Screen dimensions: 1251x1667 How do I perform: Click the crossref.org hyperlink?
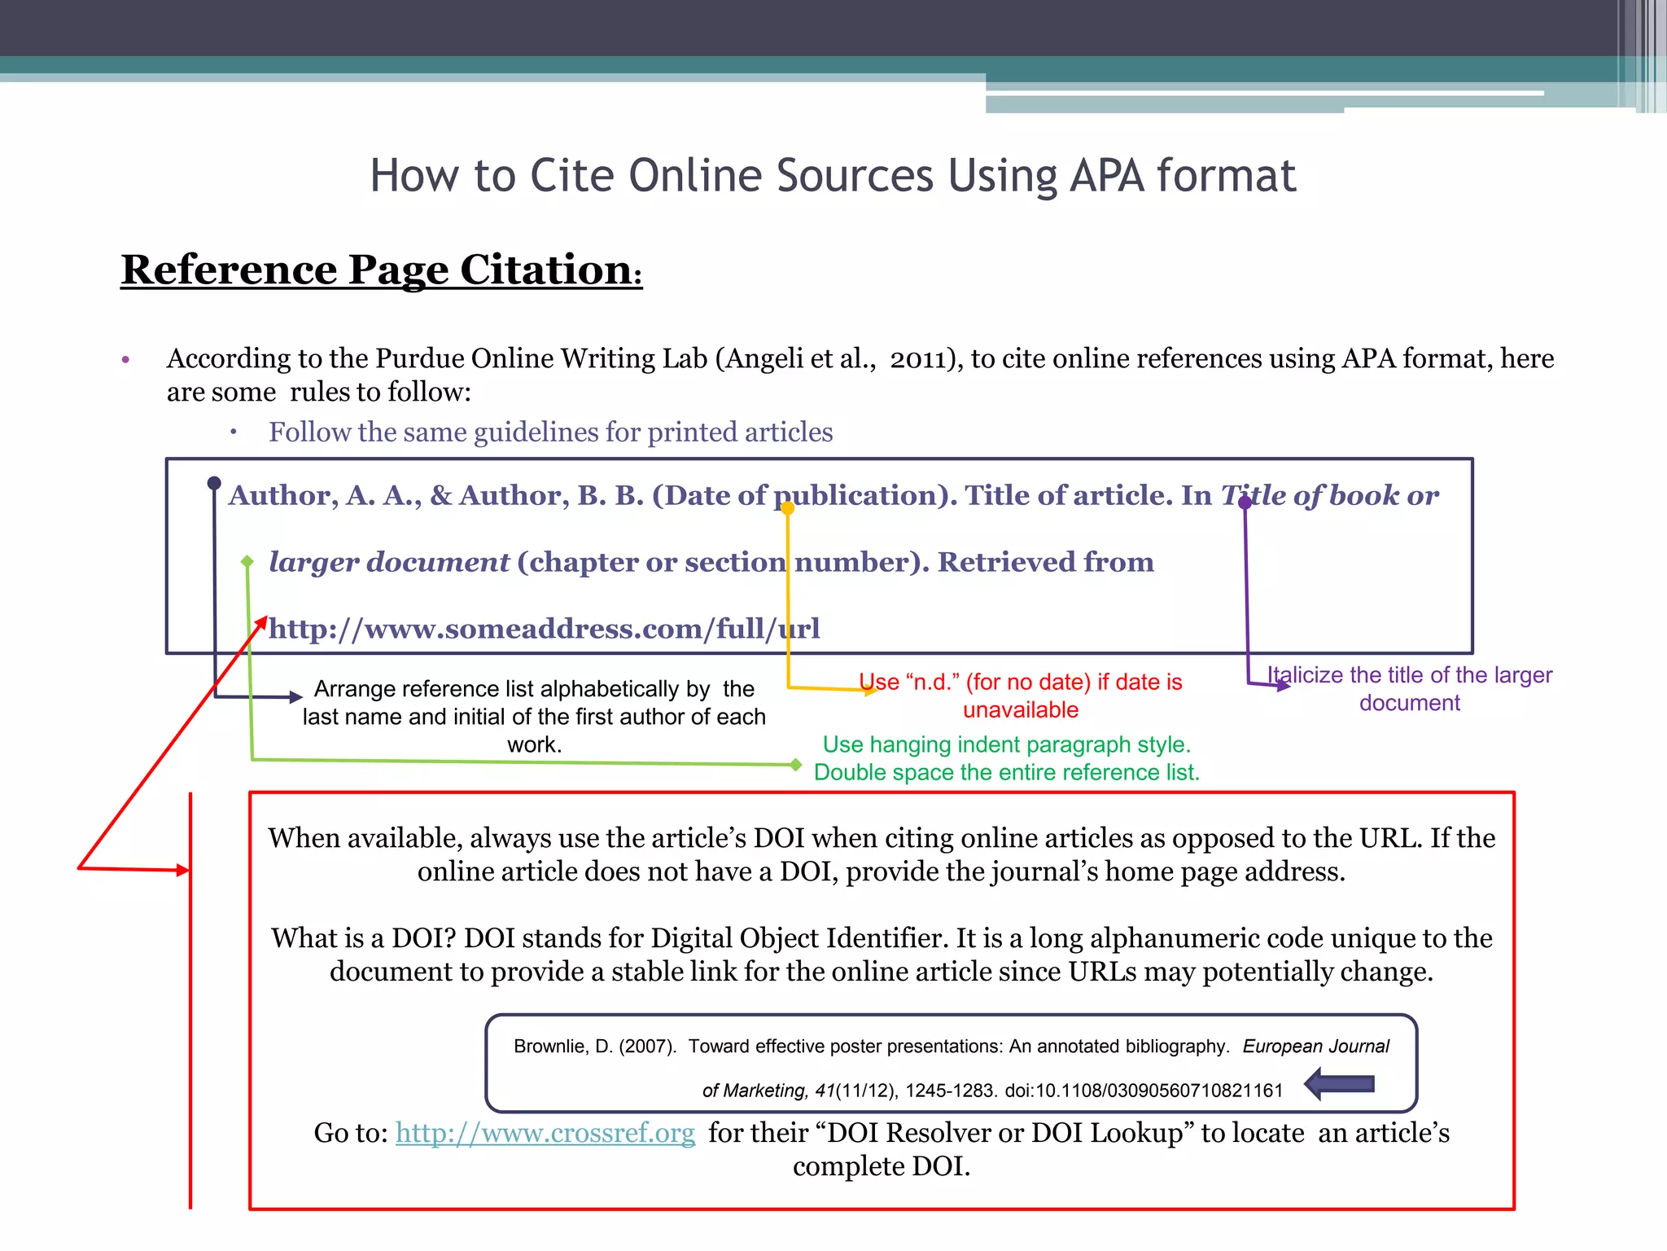coord(545,1133)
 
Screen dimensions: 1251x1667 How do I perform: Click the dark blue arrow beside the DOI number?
coord(1339,1084)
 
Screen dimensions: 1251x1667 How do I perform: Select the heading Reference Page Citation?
coord(381,270)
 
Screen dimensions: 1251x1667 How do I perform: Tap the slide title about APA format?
coord(833,175)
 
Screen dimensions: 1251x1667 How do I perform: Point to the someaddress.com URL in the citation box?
coord(544,629)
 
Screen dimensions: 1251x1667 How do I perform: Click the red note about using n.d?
coord(1021,696)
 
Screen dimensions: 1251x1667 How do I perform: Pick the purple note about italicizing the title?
coord(1410,689)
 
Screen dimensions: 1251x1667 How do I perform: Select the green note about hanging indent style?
coord(1007,758)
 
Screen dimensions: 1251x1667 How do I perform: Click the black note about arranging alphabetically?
coord(534,716)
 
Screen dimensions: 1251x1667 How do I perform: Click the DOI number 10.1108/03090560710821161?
coord(1144,1091)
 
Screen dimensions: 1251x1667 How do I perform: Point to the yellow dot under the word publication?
coord(787,508)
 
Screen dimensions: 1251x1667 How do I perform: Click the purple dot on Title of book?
coord(1245,503)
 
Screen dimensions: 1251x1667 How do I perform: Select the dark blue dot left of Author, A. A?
coord(214,483)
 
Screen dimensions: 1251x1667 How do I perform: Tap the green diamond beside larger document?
coord(247,561)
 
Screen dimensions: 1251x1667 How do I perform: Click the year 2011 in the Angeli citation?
coord(917,359)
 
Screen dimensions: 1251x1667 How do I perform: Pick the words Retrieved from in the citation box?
coord(1046,562)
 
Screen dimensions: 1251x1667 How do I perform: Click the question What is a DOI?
coord(364,938)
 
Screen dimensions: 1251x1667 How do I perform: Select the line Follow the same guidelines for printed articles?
coord(550,432)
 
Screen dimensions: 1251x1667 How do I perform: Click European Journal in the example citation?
coord(1315,1047)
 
